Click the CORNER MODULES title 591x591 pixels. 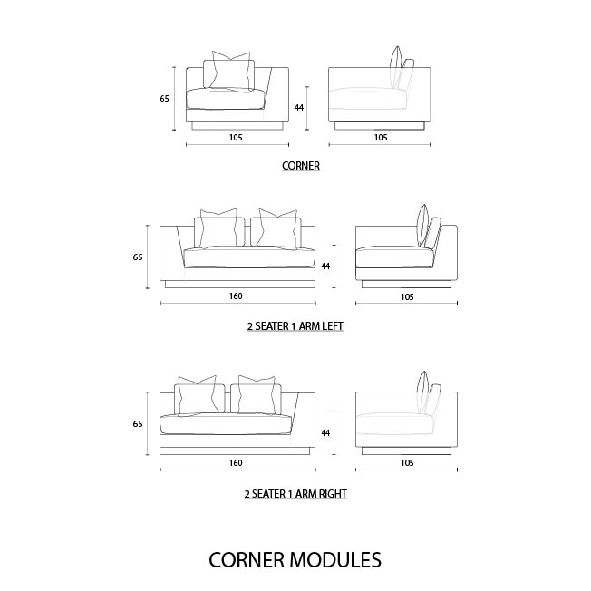295,559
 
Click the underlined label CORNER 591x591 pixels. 301,166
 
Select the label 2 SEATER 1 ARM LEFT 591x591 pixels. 295,326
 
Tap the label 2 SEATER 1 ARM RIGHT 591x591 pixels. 295,494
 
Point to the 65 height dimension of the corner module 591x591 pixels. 164,99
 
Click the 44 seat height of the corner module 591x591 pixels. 299,108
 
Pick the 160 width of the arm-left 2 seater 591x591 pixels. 236,295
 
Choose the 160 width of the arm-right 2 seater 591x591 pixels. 236,463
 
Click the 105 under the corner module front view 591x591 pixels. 236,137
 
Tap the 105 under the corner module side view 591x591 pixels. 381,137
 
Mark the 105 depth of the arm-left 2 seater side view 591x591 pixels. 407,297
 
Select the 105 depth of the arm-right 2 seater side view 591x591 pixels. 407,463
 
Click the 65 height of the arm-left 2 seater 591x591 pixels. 138,257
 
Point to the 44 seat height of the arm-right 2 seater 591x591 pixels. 325,433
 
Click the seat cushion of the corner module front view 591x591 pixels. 227,99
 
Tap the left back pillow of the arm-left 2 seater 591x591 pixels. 219,228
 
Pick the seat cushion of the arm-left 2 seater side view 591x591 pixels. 394,257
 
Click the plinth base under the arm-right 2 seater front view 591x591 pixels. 235,451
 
